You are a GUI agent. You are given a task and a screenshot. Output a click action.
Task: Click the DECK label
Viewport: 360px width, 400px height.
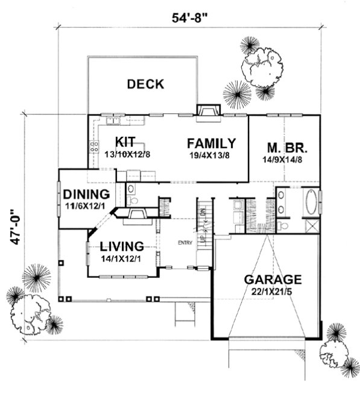[145, 84]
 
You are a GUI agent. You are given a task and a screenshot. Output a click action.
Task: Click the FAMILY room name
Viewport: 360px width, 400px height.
[210, 143]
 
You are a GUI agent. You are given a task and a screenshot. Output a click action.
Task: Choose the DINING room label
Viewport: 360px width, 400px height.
[86, 195]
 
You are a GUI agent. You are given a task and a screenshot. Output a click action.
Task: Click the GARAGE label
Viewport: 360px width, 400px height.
[272, 280]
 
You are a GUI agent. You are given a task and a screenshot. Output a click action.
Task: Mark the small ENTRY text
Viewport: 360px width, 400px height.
[185, 243]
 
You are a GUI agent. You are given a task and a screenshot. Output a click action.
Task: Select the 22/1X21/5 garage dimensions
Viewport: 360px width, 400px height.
[272, 292]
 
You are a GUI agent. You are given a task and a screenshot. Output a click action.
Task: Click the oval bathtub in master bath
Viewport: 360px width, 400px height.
[311, 203]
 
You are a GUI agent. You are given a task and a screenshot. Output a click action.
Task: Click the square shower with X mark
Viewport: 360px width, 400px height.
[311, 227]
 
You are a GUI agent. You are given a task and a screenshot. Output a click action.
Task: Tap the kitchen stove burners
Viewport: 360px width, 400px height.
[93, 147]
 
